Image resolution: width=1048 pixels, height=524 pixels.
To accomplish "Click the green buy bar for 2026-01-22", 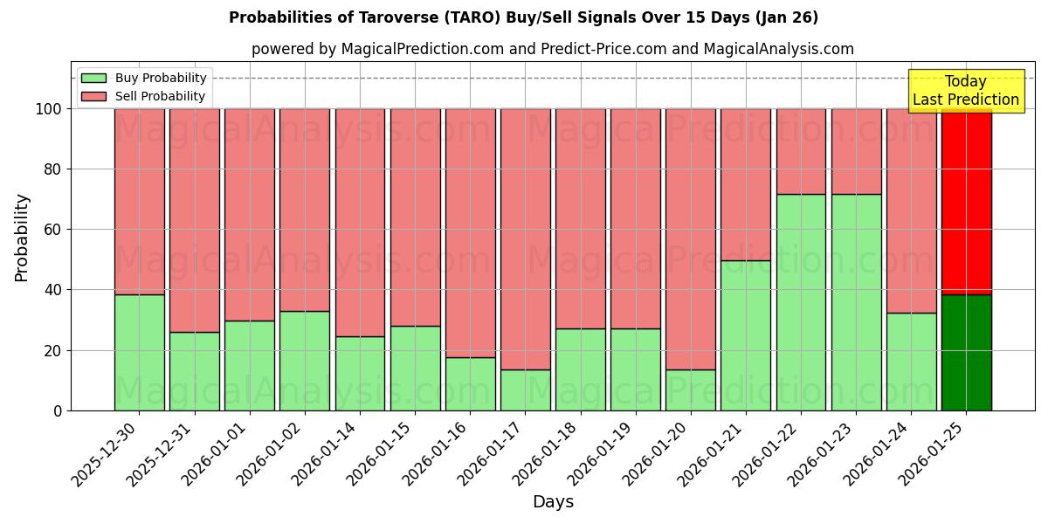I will [x=801, y=302].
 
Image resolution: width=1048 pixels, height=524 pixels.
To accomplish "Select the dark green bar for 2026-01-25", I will [x=966, y=352].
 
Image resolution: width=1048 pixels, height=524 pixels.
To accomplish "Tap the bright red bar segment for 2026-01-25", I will [x=966, y=201].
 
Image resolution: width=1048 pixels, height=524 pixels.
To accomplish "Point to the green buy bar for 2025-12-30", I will [x=139, y=352].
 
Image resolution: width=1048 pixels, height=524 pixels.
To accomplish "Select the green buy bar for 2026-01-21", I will [x=745, y=335].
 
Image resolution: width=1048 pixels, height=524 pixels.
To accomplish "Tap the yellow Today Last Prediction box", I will [x=966, y=91].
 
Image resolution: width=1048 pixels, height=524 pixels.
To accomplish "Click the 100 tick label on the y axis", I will [x=48, y=109].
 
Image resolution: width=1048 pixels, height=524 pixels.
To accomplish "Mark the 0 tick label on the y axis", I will [x=58, y=410].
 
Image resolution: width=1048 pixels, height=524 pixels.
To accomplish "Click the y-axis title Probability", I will [x=22, y=238].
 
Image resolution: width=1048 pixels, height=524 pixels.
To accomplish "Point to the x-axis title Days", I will [x=553, y=502].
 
